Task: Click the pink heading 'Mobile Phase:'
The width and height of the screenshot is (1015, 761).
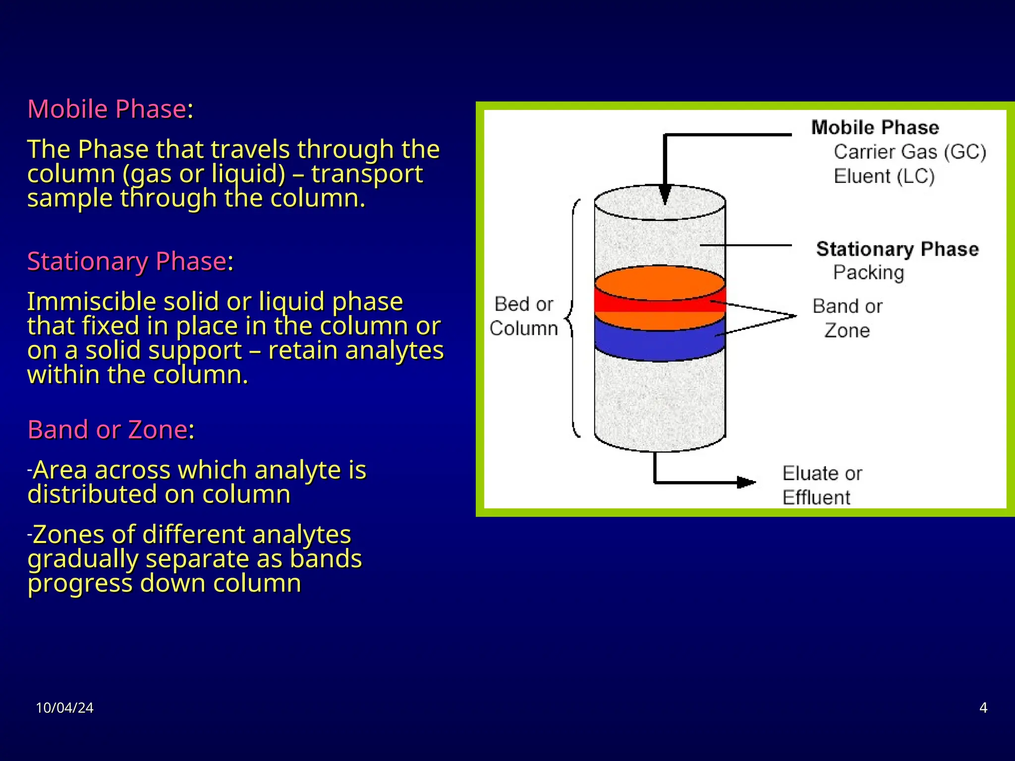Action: [110, 109]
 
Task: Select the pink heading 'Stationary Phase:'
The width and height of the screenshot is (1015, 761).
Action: [130, 261]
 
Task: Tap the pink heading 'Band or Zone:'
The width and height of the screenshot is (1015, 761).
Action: [111, 430]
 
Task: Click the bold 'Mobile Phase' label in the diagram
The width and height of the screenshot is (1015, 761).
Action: [875, 128]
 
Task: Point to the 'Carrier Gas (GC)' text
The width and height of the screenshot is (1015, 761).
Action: [909, 152]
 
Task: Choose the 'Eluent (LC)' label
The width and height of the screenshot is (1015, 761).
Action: [884, 176]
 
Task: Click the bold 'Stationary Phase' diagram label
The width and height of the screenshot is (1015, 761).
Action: [897, 249]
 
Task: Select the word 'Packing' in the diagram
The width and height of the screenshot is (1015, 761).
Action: [868, 272]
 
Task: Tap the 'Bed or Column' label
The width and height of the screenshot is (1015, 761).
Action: [524, 316]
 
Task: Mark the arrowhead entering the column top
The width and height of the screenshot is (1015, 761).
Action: [665, 194]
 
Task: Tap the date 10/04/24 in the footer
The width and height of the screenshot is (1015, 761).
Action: [64, 707]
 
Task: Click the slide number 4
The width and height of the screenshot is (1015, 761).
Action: [983, 707]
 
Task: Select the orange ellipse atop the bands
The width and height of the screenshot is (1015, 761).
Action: [660, 282]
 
